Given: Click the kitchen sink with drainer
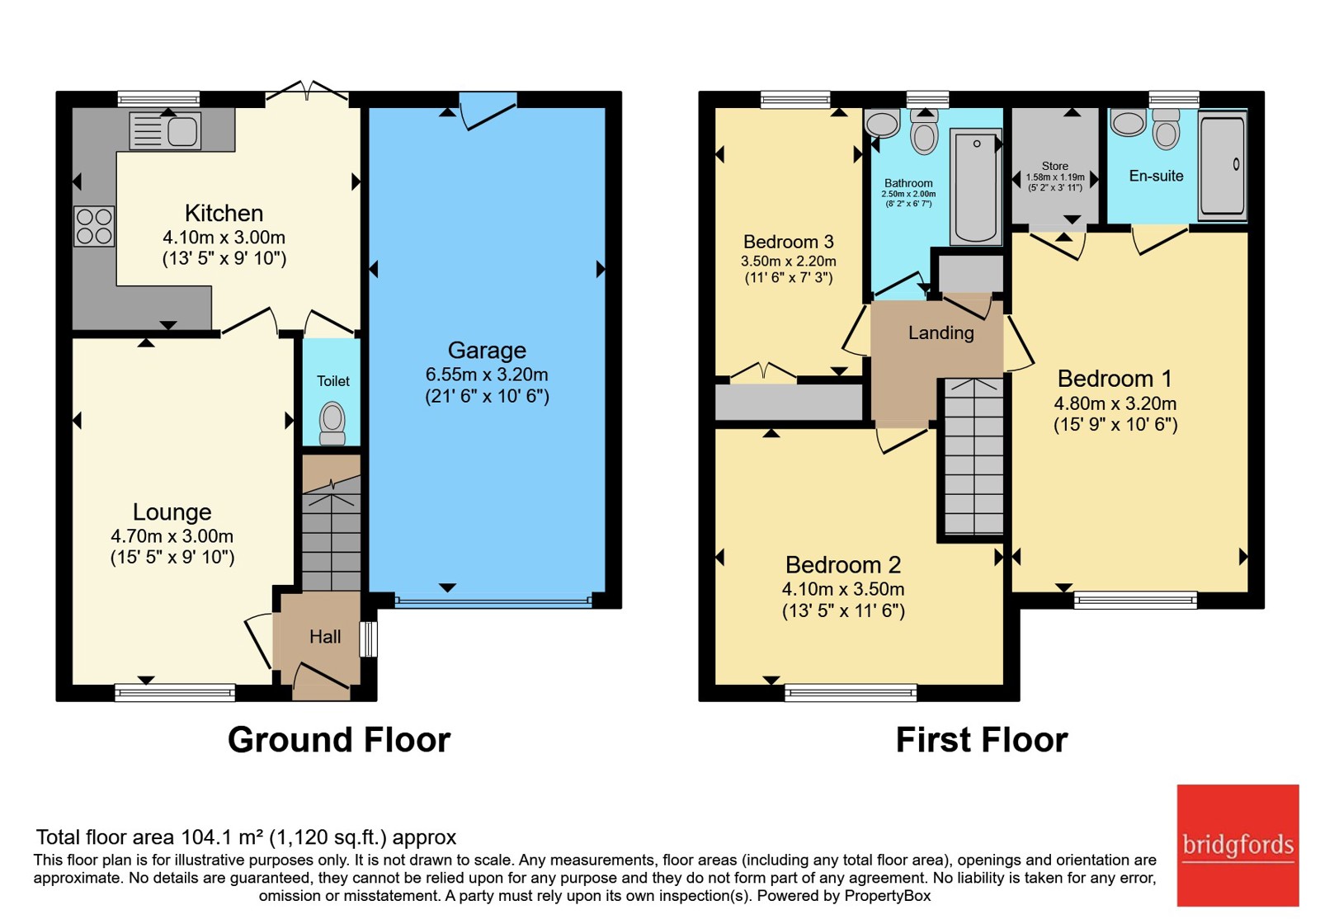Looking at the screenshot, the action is pyautogui.click(x=165, y=130).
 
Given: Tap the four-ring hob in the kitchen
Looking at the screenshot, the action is pyautogui.click(x=94, y=226).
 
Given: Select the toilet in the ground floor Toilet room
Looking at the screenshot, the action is pyautogui.click(x=332, y=423).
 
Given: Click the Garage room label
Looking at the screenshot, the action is pyautogui.click(x=487, y=350).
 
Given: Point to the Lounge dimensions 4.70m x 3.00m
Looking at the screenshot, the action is pyautogui.click(x=172, y=536).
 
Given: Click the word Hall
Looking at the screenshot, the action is pyautogui.click(x=325, y=637).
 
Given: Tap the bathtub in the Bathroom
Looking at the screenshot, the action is pyautogui.click(x=976, y=186).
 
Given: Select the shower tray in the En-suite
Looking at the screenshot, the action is pyautogui.click(x=1223, y=165).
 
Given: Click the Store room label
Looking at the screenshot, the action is pyautogui.click(x=1055, y=166).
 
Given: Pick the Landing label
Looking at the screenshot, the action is pyautogui.click(x=941, y=333).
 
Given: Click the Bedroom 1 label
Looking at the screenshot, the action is pyautogui.click(x=1115, y=379).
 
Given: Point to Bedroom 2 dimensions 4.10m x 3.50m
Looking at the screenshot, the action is pyautogui.click(x=843, y=589).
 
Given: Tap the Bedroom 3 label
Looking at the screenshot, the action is pyautogui.click(x=789, y=242).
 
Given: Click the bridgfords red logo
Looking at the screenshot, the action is pyautogui.click(x=1238, y=846).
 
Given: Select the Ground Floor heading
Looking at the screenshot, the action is pyautogui.click(x=339, y=740).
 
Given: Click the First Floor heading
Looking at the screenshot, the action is pyautogui.click(x=982, y=740).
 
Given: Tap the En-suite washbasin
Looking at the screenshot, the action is pyautogui.click(x=1128, y=123).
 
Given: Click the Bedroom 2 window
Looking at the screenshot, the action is pyautogui.click(x=851, y=693).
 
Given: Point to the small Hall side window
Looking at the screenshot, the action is pyautogui.click(x=368, y=639).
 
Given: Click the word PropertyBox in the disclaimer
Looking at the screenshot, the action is pyautogui.click(x=888, y=896).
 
